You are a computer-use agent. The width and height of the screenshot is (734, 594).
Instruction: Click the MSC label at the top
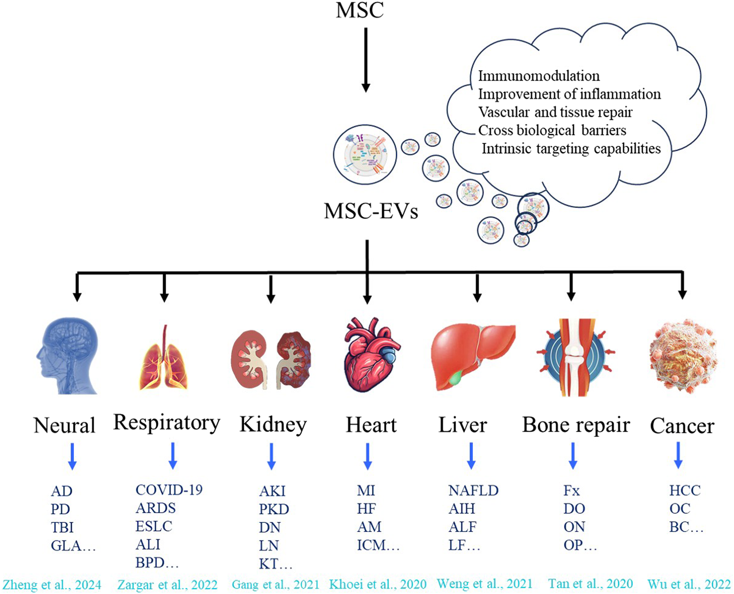(360, 10)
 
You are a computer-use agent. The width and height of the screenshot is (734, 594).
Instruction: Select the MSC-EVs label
(371, 211)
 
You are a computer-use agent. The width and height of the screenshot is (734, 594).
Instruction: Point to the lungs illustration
(164, 358)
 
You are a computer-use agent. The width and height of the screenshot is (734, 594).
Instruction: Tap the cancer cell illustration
(682, 353)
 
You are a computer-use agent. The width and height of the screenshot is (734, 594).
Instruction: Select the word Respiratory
(167, 423)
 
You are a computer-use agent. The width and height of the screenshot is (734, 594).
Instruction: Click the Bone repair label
(576, 425)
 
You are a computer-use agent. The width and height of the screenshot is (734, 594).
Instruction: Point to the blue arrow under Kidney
(271, 456)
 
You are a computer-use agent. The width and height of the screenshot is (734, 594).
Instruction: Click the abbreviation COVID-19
(169, 490)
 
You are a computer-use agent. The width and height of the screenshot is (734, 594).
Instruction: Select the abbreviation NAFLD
(473, 490)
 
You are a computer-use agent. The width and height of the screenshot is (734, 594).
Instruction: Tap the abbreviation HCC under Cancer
(685, 490)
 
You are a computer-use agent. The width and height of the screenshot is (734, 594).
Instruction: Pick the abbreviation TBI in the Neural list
(62, 527)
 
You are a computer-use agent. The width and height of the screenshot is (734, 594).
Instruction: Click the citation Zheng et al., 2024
(52, 585)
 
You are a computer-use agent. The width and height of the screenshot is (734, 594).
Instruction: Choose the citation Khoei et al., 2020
(377, 584)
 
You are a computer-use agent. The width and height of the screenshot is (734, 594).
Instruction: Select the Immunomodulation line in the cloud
(539, 76)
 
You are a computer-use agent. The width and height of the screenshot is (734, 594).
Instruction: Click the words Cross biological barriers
(552, 130)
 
